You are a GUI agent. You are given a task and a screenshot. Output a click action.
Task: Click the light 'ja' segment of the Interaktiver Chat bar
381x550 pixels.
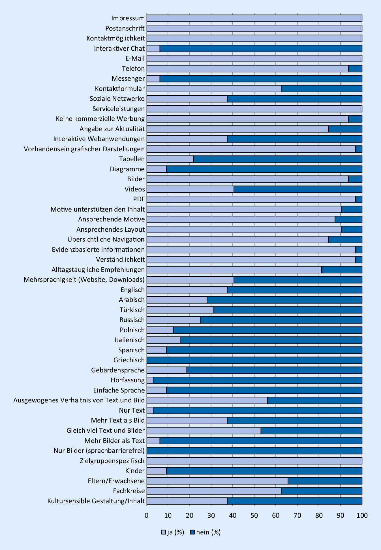[x=153, y=48]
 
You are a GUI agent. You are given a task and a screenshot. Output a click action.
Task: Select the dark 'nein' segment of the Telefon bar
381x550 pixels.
[x=355, y=69]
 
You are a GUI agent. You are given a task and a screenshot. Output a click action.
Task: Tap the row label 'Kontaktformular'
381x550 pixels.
[x=120, y=89]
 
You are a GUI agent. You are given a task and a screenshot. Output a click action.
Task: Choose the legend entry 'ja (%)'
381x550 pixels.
[x=173, y=532]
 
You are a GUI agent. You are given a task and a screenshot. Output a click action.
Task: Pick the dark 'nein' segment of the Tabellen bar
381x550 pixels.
[x=278, y=159]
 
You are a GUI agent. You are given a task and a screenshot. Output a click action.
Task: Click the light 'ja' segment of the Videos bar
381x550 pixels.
[x=190, y=189]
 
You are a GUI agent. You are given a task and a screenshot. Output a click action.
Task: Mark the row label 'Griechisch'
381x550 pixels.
[x=129, y=360]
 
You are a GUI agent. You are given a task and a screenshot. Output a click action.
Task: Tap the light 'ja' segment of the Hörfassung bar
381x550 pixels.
[x=150, y=380]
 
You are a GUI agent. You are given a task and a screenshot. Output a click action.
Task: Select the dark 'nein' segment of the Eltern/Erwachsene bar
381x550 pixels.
[x=325, y=481]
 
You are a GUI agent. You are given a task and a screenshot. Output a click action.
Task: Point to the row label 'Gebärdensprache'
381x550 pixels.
[x=118, y=370]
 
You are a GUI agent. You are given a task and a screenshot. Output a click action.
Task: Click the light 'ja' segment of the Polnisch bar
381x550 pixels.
[x=160, y=330]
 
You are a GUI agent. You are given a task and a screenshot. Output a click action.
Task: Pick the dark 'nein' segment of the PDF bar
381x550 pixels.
[x=359, y=199]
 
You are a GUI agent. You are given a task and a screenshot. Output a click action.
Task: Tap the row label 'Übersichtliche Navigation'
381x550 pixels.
[x=106, y=239]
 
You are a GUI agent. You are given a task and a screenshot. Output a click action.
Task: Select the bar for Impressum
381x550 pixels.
[x=254, y=18]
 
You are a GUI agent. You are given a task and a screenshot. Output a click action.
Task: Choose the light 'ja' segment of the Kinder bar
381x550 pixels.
[x=157, y=471]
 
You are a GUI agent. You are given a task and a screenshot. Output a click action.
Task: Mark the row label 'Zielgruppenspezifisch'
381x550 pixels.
[x=112, y=461]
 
